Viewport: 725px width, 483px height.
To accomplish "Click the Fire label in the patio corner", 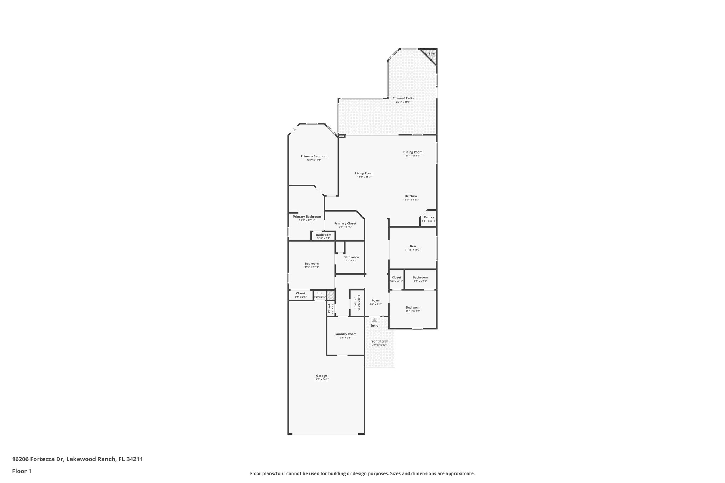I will [x=432, y=54].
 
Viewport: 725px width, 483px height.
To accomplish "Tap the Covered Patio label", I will [x=403, y=98].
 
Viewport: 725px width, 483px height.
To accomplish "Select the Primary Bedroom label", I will [x=314, y=156].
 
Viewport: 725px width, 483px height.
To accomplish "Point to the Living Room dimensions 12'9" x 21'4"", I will [x=364, y=177].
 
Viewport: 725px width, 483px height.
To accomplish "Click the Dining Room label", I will [x=412, y=152].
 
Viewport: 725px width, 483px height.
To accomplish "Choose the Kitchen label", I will [x=411, y=196].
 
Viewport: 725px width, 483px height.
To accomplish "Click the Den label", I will [x=412, y=246].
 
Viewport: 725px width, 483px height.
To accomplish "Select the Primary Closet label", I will [x=345, y=223].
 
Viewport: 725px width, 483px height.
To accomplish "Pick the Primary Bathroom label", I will [x=307, y=217].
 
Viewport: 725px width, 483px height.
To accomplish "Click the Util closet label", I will [x=320, y=293].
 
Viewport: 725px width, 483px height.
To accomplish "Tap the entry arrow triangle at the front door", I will [x=374, y=320].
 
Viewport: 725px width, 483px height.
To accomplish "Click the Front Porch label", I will [x=379, y=341].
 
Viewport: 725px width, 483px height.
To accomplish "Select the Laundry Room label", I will [x=345, y=334].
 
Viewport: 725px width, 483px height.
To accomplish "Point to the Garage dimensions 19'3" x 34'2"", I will [x=321, y=379].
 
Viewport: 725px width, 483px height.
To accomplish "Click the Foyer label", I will [x=376, y=301].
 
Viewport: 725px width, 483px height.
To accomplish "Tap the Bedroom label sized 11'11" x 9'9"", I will [x=412, y=307].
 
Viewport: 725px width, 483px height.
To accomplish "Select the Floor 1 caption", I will [x=22, y=471].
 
